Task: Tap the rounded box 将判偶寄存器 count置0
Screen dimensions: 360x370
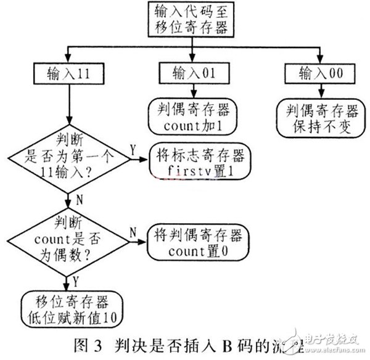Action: pyautogui.click(x=196, y=242)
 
